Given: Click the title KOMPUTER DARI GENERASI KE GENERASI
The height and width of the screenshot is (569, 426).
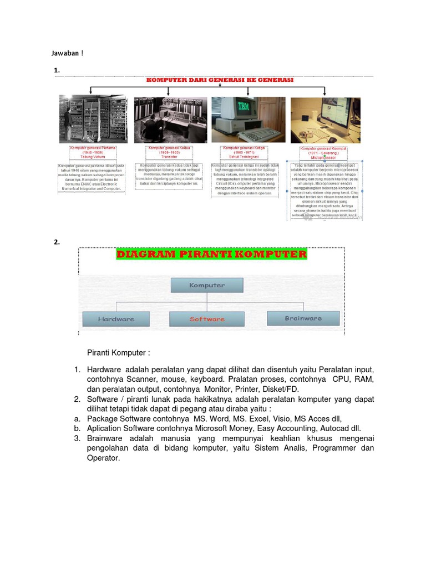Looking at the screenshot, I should pos(219,80).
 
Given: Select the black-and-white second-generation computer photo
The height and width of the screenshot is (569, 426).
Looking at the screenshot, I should pos(170,119).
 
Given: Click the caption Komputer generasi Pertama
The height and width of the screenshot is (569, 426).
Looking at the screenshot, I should pos(92,148).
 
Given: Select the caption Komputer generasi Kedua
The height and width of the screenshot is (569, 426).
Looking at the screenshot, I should pos(169,148).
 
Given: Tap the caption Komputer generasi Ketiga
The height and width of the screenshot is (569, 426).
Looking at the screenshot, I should pos(244,148).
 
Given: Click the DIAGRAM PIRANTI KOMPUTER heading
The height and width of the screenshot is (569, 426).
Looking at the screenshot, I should pos(211,254).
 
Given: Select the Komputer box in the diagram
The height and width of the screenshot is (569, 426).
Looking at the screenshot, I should pos(207,286).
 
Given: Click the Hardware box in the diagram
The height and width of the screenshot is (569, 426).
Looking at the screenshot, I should pos(116,319).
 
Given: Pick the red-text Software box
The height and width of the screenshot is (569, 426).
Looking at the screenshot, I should pos(207,319).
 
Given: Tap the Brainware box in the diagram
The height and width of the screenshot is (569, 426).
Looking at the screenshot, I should pos(303,318).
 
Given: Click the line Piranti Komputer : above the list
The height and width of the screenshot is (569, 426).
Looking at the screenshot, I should pos(118,353).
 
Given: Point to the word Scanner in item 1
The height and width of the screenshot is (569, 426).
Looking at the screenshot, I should pos(140,380).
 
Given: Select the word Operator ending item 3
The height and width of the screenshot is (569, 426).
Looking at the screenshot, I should pos(103,458).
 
